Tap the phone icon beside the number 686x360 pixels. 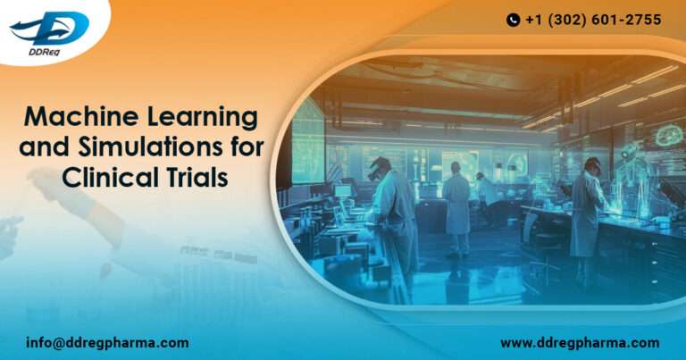pyautogui.click(x=513, y=20)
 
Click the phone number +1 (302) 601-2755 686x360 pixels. pyautogui.click(x=594, y=20)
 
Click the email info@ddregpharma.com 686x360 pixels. pyautogui.click(x=107, y=342)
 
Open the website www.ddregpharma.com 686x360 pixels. pyautogui.click(x=579, y=342)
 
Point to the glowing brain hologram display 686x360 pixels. pyautogui.click(x=668, y=136)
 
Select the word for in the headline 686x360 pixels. pyautogui.click(x=245, y=147)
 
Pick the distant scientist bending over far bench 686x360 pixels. pyautogui.click(x=487, y=191)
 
